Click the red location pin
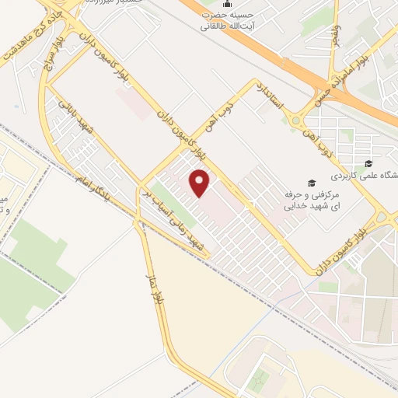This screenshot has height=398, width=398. click(201, 183)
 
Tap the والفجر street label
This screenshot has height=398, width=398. click(336, 34)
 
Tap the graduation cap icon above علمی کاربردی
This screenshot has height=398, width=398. click(368, 164)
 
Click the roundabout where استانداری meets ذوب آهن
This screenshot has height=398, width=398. click(296, 120)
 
